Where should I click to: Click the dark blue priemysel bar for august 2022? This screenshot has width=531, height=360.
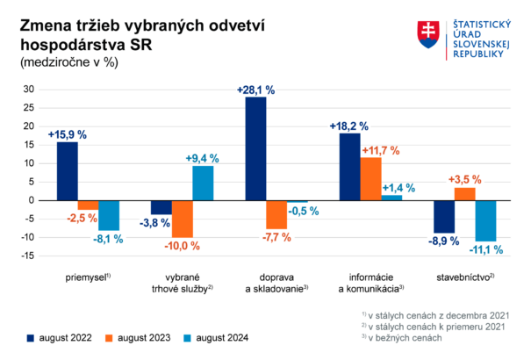[68, 170]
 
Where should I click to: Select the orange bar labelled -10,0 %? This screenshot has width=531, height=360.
[182, 219]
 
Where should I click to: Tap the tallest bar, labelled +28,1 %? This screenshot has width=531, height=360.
[255, 148]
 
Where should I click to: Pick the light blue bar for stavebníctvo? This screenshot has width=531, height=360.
[485, 220]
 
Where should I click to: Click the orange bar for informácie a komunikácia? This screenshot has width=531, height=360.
[370, 178]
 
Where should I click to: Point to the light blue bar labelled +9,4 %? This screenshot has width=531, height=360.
[203, 183]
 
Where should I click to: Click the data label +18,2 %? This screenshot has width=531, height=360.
[348, 126]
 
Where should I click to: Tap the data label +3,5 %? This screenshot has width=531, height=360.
[465, 179]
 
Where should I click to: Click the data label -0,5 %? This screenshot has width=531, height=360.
[301, 211]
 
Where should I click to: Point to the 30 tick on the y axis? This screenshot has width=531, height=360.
[28, 90]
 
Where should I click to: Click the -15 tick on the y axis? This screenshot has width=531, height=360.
[26, 256]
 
